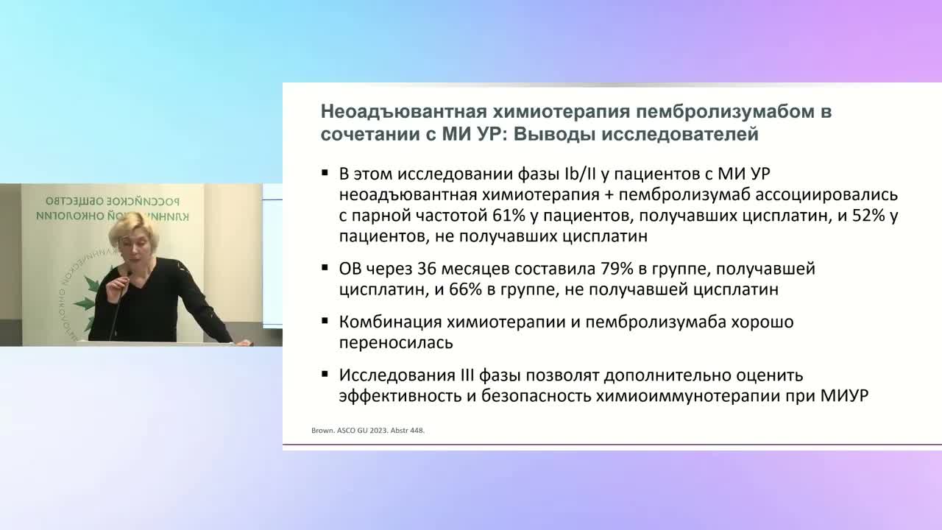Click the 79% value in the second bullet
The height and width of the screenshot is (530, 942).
point(577,269)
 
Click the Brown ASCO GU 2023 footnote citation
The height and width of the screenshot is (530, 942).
point(364,431)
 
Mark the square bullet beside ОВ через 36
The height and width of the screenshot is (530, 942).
point(325,267)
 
